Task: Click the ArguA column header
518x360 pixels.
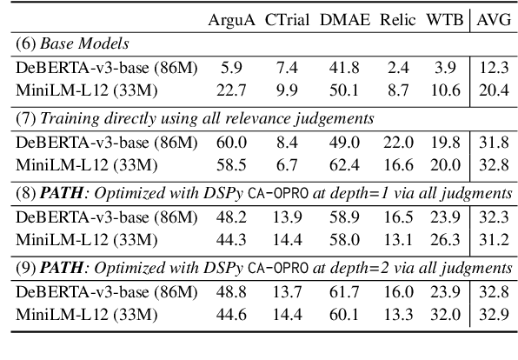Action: pos(229,18)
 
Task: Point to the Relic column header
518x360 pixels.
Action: pos(397,18)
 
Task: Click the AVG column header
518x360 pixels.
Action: pos(490,18)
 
